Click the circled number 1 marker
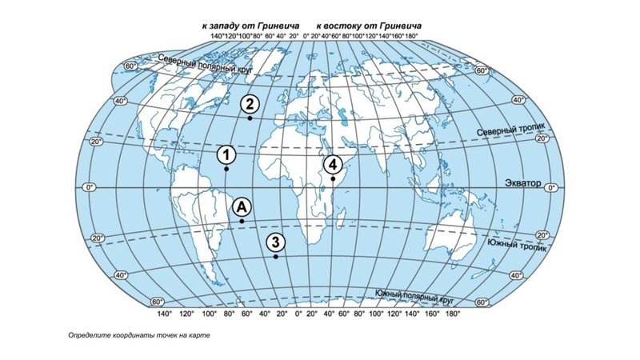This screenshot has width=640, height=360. [227, 154]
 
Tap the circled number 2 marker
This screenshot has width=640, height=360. [250, 103]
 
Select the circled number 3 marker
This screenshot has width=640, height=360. [275, 242]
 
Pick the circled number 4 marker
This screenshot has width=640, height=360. [332, 164]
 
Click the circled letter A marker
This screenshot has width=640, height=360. [242, 206]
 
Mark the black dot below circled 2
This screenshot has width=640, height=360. [250, 118]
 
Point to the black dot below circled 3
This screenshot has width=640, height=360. [275, 258]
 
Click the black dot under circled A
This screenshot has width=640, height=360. [242, 222]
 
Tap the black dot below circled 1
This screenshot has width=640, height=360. [226, 170]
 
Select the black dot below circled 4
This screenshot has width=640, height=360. [332, 179]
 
